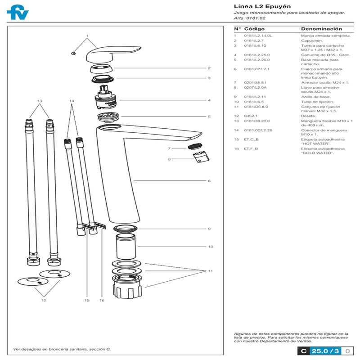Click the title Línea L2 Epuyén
[x=256, y=6]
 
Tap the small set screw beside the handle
[x=73, y=53]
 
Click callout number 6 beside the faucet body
[x=209, y=181]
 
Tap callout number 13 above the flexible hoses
[x=40, y=100]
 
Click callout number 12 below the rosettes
[x=43, y=300]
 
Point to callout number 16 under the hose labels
[x=102, y=300]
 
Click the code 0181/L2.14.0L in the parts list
[x=258, y=35]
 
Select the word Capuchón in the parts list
[x=309, y=40]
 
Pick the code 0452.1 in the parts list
[x=250, y=116]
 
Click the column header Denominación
[x=318, y=28]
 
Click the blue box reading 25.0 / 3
[x=324, y=351]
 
